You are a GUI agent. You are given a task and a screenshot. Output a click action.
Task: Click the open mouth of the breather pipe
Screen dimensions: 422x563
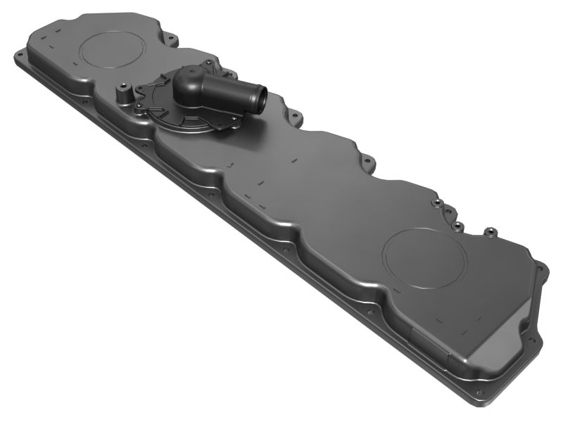(x=259, y=99)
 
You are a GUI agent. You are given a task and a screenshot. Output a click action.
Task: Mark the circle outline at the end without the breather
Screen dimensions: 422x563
(x=424, y=257)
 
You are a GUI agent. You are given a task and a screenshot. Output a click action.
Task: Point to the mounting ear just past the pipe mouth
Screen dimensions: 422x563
(x=295, y=115)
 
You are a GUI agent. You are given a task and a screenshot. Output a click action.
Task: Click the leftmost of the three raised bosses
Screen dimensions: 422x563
(x=437, y=203)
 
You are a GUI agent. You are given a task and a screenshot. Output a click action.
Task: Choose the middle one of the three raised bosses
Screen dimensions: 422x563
(x=457, y=226)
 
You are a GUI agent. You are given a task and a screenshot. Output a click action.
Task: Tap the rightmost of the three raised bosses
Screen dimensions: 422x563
(x=486, y=231)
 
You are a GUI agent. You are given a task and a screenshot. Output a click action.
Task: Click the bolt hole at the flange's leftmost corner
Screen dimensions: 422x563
(x=19, y=54)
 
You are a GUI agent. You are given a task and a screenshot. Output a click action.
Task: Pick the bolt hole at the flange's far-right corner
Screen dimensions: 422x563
(x=540, y=267)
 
